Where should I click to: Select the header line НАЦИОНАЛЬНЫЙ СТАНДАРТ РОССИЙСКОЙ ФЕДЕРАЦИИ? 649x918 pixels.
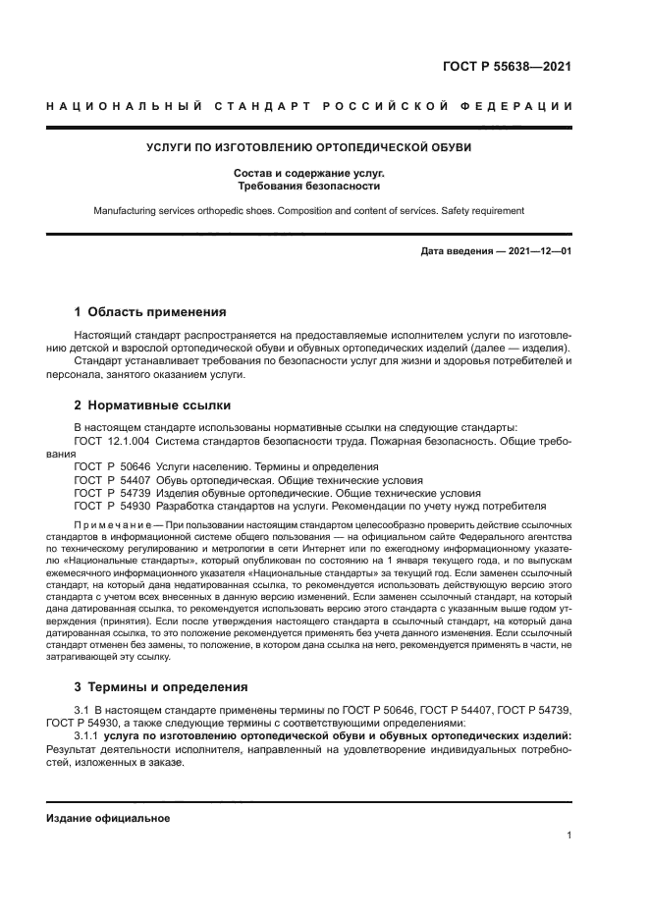pos(309,106)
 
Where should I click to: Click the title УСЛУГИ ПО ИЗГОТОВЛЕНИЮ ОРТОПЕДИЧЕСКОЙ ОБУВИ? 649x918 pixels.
pos(309,148)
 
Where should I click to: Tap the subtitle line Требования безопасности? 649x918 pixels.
pos(309,185)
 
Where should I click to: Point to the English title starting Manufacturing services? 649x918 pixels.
pos(309,210)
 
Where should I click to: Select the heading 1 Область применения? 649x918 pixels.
pos(150,312)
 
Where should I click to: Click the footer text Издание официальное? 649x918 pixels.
pos(108,818)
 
